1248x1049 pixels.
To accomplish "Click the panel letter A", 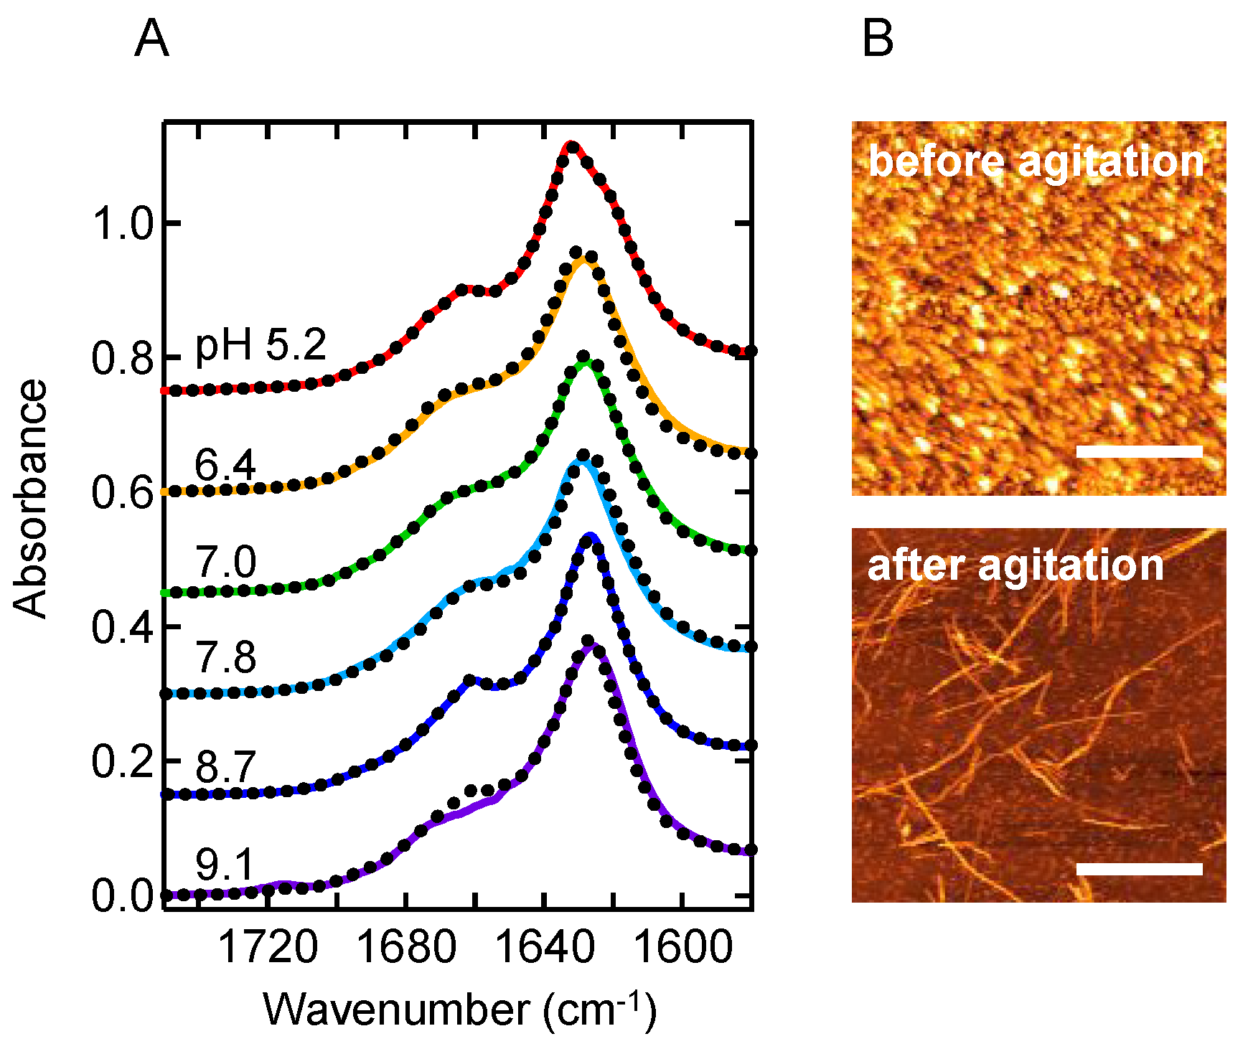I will coord(151,39).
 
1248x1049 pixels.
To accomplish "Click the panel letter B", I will coord(878,39).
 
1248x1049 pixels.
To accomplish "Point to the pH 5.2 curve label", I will coord(261,345).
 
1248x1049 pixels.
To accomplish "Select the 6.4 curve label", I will coord(225,466).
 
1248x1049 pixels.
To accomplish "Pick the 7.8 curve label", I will coord(225,657).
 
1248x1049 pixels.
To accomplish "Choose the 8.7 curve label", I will coord(225,767).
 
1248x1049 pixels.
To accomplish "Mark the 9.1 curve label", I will coord(225,864).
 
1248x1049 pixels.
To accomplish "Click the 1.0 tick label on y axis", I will coord(123,225).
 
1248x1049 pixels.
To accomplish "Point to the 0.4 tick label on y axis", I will coord(123,628).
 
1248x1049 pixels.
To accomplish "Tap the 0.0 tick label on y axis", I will coord(123,896).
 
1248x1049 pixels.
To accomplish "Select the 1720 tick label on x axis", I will coord(267,947).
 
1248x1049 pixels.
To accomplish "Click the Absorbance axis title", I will coord(30,499).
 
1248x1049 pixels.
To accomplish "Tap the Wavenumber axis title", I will coord(459,1010).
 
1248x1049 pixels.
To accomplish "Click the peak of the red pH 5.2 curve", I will coord(571,146).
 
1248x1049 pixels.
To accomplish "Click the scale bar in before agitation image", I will coord(1139,451).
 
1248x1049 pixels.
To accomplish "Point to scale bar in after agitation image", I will coord(1139,869).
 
